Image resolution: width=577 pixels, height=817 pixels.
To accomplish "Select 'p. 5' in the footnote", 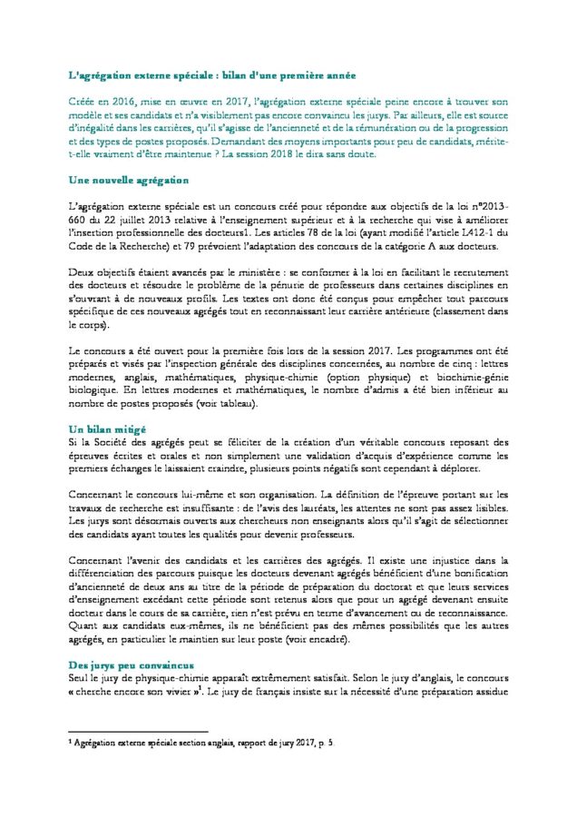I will tap(328, 743).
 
